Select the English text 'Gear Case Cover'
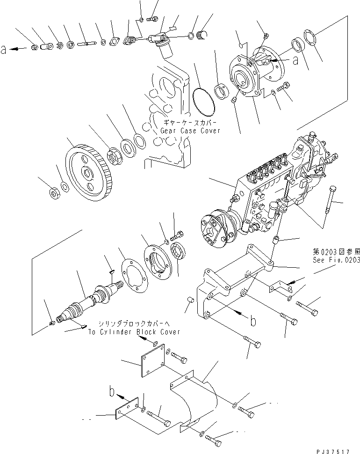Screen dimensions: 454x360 (190, 131)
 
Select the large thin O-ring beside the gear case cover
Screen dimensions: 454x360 (203, 101)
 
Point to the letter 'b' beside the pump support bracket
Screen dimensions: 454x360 (253, 322)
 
